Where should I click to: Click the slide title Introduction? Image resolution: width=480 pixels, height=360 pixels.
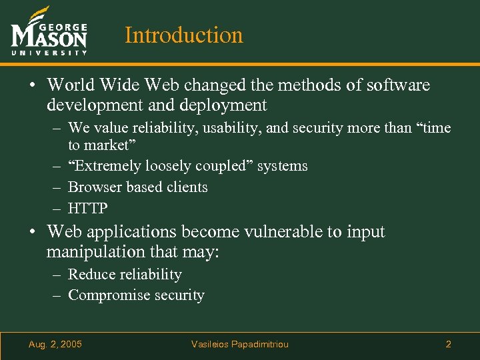(184, 35)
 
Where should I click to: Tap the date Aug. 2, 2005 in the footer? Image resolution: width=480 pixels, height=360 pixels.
(55, 345)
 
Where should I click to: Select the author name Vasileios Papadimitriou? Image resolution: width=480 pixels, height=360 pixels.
(240, 345)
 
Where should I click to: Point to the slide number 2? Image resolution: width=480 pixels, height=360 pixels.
(448, 345)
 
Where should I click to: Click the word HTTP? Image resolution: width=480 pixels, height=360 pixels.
(88, 209)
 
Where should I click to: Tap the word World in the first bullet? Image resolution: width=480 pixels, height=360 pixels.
(71, 85)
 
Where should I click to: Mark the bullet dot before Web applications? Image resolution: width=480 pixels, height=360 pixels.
(32, 233)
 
